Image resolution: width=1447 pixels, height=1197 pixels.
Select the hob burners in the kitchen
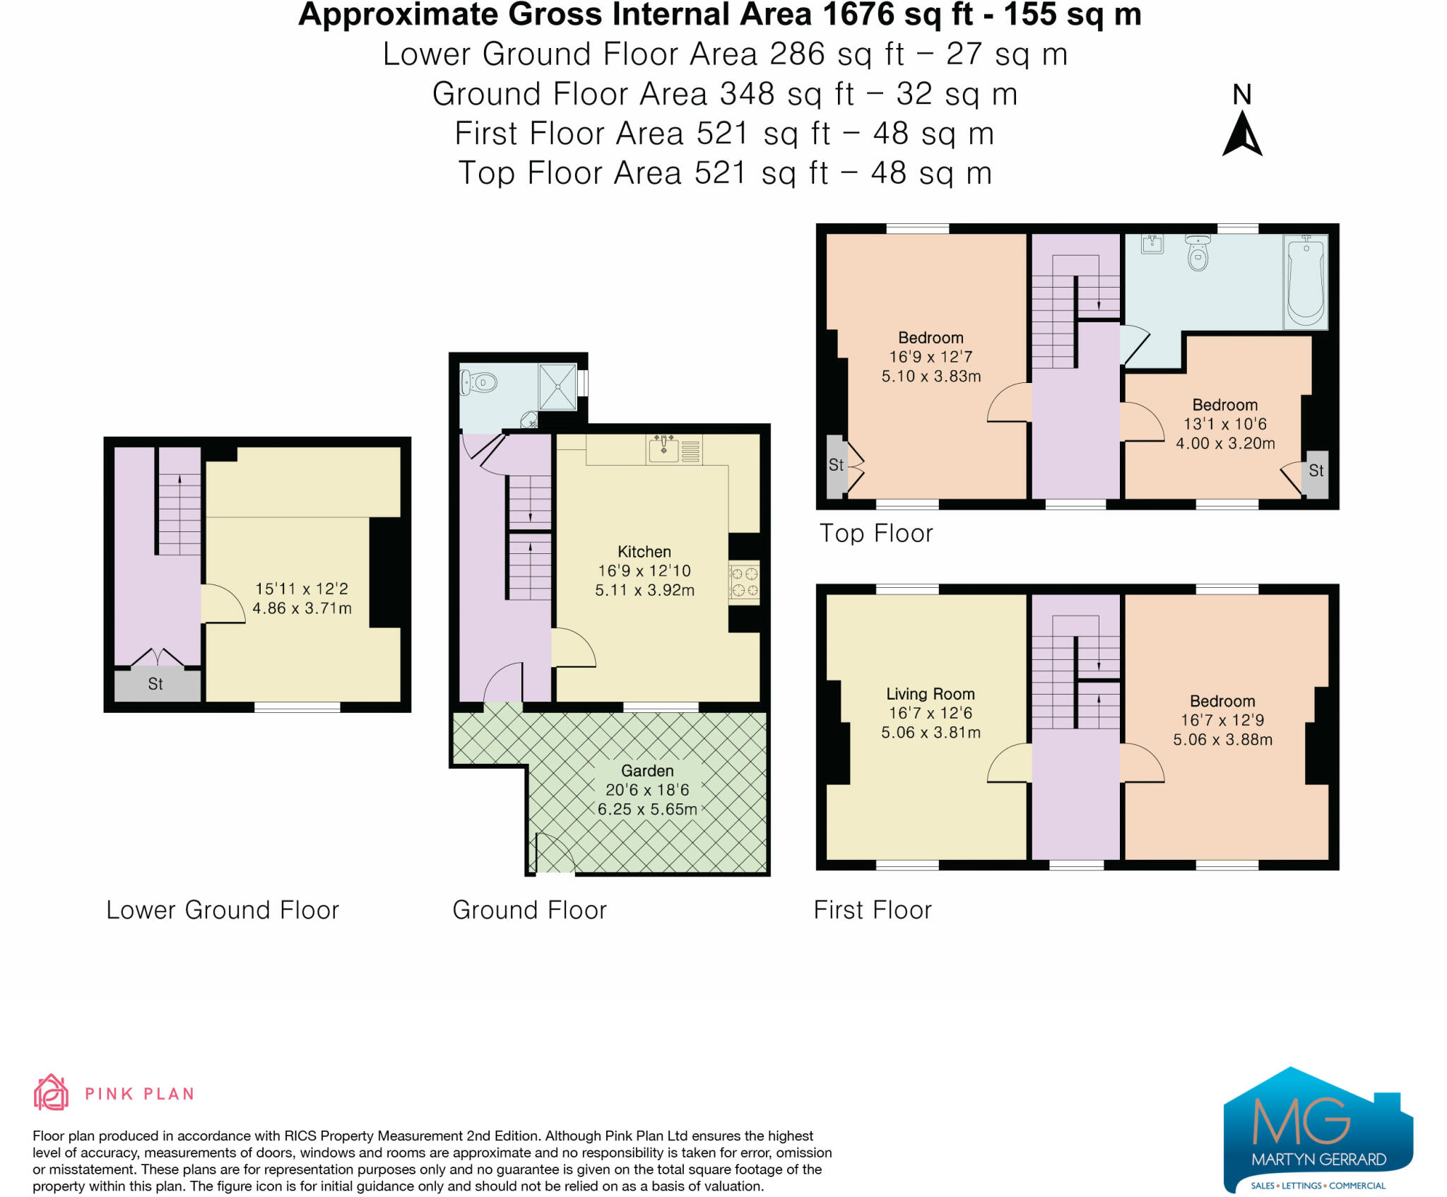744,582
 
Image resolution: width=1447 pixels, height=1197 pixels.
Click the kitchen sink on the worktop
664,449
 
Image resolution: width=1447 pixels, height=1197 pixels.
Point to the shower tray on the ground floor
558,387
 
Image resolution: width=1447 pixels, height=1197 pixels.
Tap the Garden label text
647,771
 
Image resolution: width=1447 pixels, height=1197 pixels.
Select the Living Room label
930,694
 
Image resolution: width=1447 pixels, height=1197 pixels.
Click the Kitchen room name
644,552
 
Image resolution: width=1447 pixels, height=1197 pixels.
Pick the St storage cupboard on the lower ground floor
157,684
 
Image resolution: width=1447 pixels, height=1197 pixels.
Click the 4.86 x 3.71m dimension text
302,608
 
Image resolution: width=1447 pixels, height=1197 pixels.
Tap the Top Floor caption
876,533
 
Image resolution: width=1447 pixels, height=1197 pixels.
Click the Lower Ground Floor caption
223,910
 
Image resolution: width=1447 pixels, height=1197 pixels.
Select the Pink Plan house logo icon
51,1092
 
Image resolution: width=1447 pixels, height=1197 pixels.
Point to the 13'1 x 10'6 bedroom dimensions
1224,424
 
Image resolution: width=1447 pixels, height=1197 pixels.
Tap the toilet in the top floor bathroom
1198,252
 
